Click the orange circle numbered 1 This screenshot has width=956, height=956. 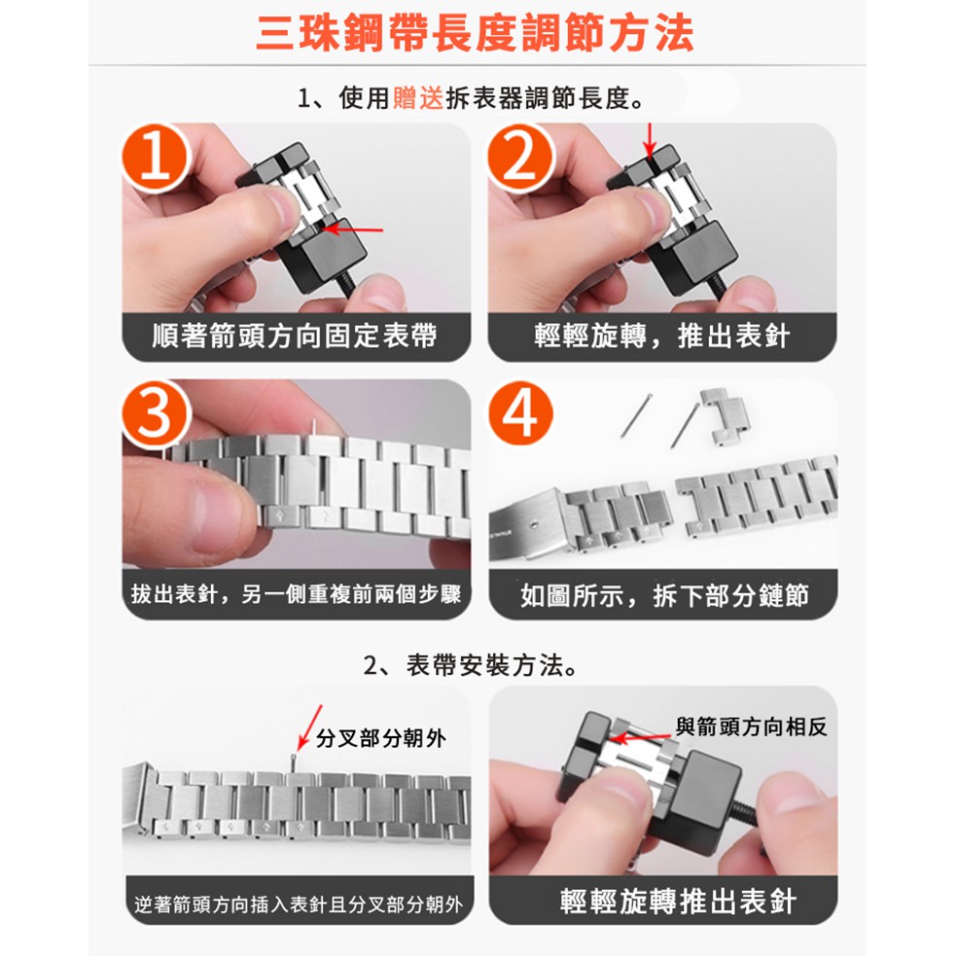point(157,159)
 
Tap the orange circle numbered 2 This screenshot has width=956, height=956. point(521,159)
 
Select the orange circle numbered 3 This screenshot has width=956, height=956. point(157,414)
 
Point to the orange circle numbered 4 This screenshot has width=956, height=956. point(520,414)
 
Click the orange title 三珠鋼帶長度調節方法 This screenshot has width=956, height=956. point(475,33)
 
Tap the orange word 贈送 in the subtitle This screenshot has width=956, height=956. point(417,97)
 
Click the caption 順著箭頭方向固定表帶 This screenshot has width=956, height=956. point(295,336)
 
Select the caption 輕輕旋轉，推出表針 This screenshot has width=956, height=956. point(662,336)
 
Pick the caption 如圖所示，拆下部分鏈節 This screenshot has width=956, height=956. point(664,595)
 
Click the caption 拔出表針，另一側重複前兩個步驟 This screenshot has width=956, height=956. point(297,594)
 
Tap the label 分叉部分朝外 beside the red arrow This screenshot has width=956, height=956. point(381,738)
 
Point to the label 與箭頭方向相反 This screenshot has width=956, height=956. point(751,726)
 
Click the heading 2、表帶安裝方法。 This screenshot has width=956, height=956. point(470,665)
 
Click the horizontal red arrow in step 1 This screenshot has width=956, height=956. point(352,230)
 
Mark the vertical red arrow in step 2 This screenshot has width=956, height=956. point(650,140)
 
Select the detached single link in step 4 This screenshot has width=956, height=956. point(725,417)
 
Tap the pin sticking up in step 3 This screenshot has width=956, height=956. point(313,426)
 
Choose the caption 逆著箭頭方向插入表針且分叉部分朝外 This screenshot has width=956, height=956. point(299,904)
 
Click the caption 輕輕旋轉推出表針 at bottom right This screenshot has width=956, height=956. point(678,902)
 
